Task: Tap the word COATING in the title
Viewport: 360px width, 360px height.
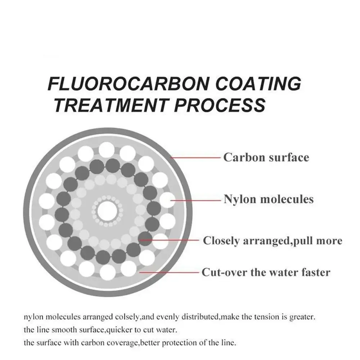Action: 258,84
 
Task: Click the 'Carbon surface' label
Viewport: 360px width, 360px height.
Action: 266,158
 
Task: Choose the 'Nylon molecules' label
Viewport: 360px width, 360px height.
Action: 269,199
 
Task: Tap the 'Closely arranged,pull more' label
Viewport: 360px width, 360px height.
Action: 273,241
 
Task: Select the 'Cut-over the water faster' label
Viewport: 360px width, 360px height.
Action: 266,272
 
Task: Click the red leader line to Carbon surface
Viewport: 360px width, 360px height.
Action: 195,158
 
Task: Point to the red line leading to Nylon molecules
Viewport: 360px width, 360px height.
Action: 195,201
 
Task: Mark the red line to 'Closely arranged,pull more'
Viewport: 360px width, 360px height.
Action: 169,240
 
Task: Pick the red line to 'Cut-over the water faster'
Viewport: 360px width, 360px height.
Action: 169,272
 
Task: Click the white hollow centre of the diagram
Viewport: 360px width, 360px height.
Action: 107,211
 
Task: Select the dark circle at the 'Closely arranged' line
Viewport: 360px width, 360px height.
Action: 145,239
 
